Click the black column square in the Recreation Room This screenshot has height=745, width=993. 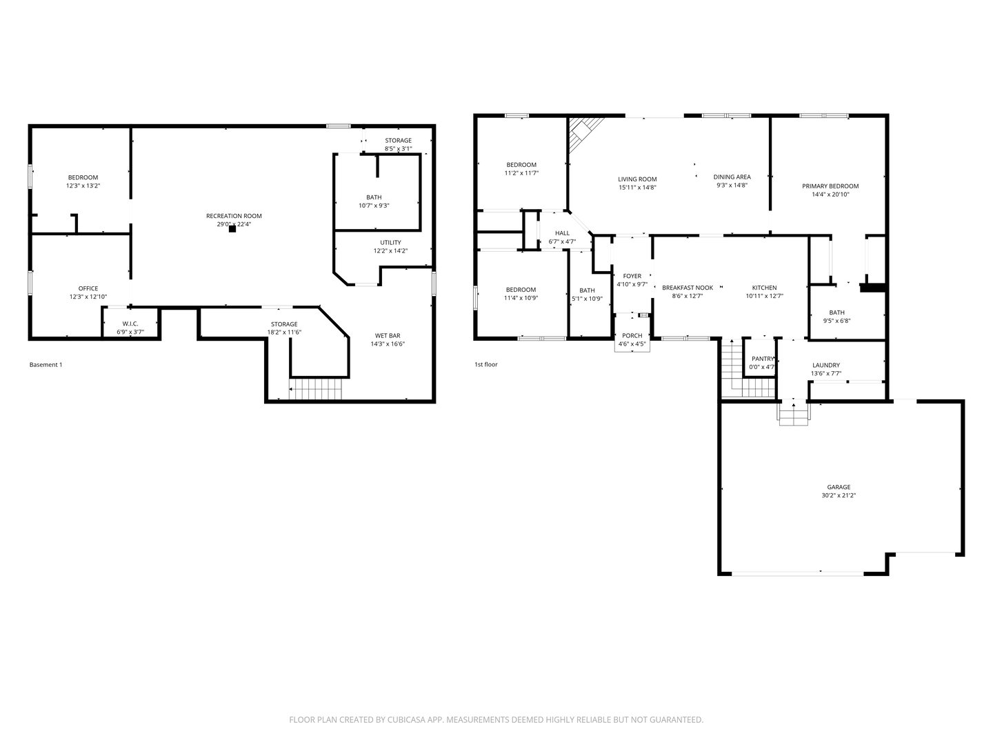coord(232,229)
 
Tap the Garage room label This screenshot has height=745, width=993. coord(839,487)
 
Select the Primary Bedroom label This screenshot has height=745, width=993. coord(830,186)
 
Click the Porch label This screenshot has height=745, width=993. coord(632,336)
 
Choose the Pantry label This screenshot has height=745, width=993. coord(763,359)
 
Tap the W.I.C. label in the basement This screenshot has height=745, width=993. coord(130,324)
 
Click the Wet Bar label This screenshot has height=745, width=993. coord(388,336)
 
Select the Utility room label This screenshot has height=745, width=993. coord(390,242)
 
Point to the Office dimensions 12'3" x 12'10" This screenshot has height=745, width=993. coord(88,297)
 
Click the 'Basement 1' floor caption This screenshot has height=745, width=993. coord(46,365)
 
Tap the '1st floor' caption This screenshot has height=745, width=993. coord(486,364)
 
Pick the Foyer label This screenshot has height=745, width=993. coord(632,276)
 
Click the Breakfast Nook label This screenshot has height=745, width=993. coord(688,288)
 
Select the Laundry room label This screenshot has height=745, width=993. coord(826,365)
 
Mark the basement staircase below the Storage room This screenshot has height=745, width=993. coord(315,389)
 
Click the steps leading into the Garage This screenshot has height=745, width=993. coord(794,413)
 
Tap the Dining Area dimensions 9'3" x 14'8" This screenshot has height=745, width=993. coord(732,185)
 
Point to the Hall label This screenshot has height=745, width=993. coord(562,233)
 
